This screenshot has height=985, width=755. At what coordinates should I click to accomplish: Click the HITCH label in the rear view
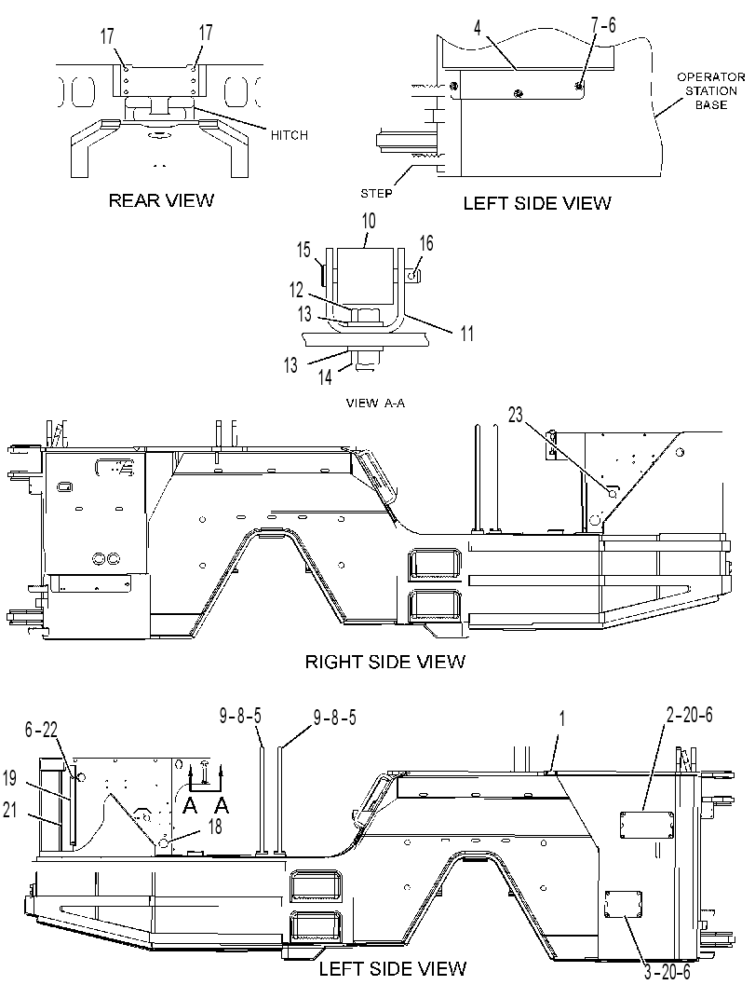click(x=290, y=135)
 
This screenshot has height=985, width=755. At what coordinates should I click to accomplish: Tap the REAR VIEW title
click(x=161, y=200)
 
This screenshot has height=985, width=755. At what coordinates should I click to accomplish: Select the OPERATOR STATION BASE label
click(x=710, y=90)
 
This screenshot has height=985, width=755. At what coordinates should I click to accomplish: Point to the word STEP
click(x=376, y=194)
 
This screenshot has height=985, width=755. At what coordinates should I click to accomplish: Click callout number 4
click(x=478, y=28)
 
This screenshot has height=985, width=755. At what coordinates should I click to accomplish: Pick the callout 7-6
click(x=603, y=25)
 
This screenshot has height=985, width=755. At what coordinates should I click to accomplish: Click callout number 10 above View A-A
click(x=369, y=221)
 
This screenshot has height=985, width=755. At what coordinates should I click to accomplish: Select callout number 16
click(x=426, y=243)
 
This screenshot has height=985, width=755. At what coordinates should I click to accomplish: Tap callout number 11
click(x=467, y=333)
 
